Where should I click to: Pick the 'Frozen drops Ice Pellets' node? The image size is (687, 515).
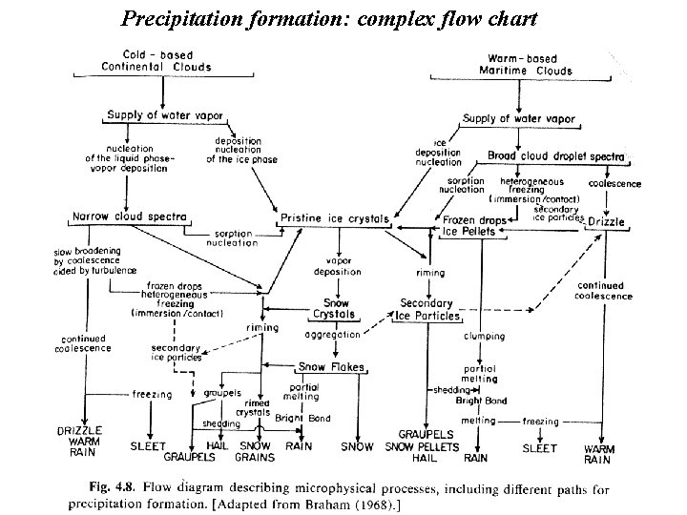469,225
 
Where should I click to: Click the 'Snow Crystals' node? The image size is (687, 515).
332,308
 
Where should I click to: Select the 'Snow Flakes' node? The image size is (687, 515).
325,366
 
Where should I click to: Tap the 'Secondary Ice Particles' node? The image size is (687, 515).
430,309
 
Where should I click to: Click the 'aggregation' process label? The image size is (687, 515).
332,335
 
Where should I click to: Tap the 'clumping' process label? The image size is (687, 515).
484,336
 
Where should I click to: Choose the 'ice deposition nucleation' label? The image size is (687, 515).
438,153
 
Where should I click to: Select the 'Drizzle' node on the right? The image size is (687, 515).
606,221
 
